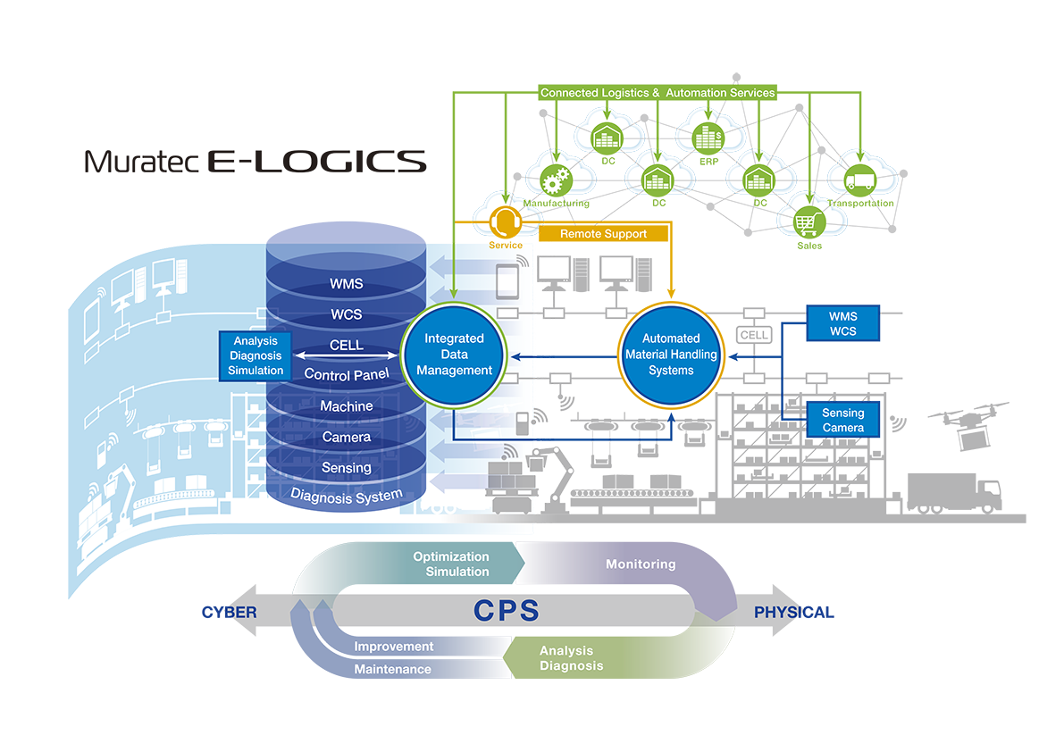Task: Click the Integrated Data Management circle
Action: click(x=454, y=355)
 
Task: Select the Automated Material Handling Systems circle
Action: click(x=671, y=355)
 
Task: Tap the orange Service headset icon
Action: click(x=506, y=221)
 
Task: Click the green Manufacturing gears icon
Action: click(x=556, y=180)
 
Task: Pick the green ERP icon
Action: click(x=708, y=138)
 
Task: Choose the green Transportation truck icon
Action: click(x=859, y=180)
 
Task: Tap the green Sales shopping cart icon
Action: click(x=808, y=222)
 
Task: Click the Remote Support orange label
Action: click(x=603, y=234)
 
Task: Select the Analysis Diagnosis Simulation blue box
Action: click(x=256, y=356)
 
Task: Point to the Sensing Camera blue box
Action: click(x=842, y=420)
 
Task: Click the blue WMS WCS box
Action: click(x=842, y=323)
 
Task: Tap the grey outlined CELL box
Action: click(x=754, y=335)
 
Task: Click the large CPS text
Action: click(x=507, y=610)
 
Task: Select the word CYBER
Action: click(x=230, y=613)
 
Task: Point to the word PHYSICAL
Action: click(x=794, y=613)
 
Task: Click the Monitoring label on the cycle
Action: click(x=641, y=564)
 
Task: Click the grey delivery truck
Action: click(x=954, y=493)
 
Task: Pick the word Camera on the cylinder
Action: click(x=346, y=438)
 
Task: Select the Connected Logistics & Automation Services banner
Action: click(x=658, y=93)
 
